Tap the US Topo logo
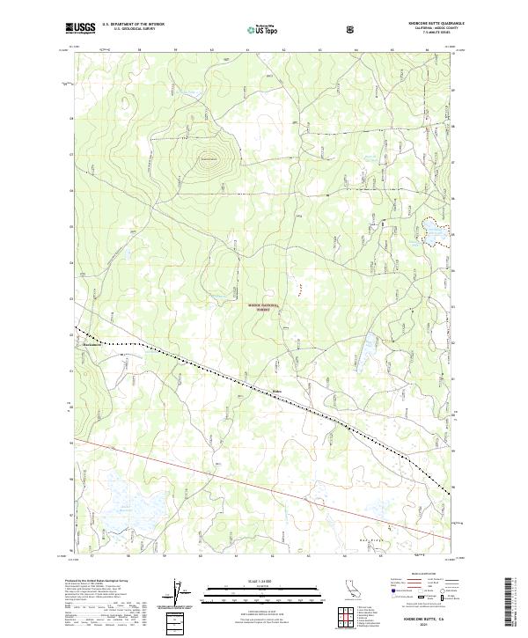click(263, 29)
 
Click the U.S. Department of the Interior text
click(133, 25)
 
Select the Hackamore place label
click(93, 345)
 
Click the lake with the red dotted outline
click(434, 231)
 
